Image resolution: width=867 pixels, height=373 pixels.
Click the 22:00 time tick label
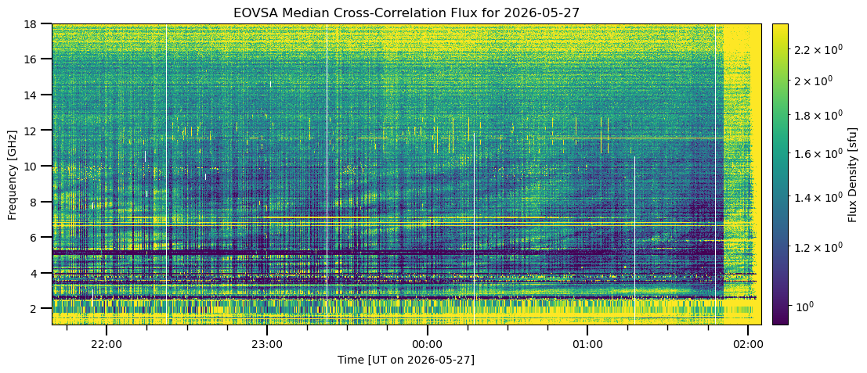pyautogui.click(x=107, y=344)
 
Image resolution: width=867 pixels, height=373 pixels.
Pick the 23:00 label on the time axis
pyautogui.click(x=267, y=344)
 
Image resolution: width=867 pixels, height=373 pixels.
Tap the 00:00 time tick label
pyautogui.click(x=427, y=344)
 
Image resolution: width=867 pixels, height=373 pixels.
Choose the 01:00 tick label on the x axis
pyautogui.click(x=587, y=344)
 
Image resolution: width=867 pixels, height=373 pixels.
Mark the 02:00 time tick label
pyautogui.click(x=748, y=344)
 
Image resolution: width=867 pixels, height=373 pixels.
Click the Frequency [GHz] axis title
pyautogui.click(x=13, y=174)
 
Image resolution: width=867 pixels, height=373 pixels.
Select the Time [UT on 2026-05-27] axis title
pyautogui.click(x=406, y=360)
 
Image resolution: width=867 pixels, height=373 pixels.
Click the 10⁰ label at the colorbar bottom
pyautogui.click(x=806, y=305)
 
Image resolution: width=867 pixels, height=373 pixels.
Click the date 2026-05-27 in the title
pyautogui.click(x=541, y=13)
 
